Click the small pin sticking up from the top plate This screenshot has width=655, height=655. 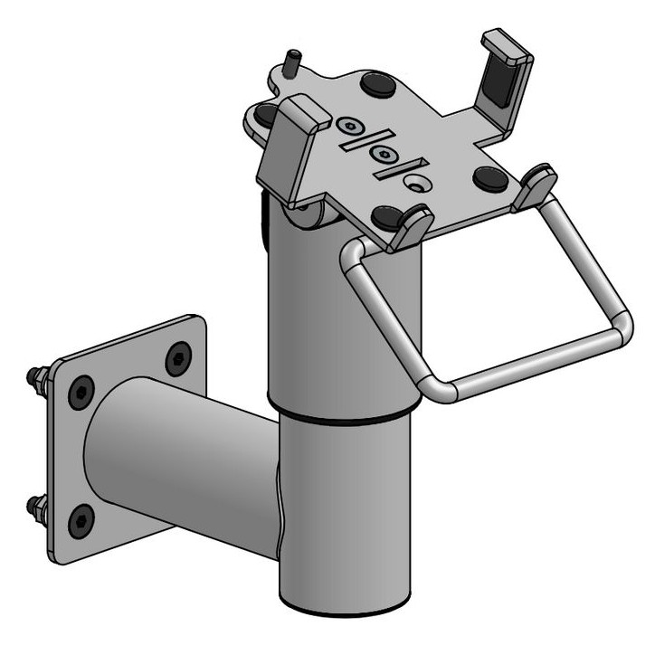click(291, 65)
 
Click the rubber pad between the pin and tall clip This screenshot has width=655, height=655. click(376, 84)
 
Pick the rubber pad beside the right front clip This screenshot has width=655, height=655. click(490, 178)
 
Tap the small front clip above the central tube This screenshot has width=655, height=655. click(413, 226)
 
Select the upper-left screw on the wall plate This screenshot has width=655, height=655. click(81, 391)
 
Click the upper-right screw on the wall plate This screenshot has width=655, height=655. click(177, 358)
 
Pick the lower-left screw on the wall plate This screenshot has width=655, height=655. click(81, 520)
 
